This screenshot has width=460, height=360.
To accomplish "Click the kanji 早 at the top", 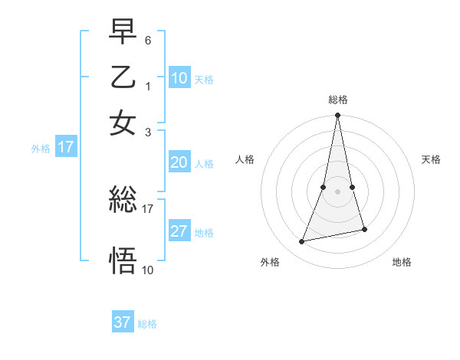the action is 123,31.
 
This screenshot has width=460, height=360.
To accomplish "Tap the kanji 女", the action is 123,123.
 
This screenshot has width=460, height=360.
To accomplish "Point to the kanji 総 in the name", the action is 123,201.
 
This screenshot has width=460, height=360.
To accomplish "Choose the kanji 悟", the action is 123,260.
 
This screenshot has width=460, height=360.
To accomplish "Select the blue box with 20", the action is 179,162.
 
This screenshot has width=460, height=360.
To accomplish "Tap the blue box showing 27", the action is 179,231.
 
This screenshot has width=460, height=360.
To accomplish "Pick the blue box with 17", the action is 65,147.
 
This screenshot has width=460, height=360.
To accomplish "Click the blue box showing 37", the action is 122,322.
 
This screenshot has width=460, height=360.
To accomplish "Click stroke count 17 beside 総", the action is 148,208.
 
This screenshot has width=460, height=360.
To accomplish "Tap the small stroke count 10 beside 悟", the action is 148,270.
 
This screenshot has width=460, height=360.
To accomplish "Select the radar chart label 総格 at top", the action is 338,100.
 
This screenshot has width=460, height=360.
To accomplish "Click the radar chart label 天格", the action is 431,159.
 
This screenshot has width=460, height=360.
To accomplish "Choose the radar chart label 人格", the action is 245,159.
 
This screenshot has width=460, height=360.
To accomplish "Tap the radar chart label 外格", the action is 270,263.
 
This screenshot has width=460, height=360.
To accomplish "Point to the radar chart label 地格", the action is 402,263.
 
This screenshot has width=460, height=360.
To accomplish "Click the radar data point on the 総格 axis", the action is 337,116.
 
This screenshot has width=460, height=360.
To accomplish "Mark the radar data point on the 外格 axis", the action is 302,242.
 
